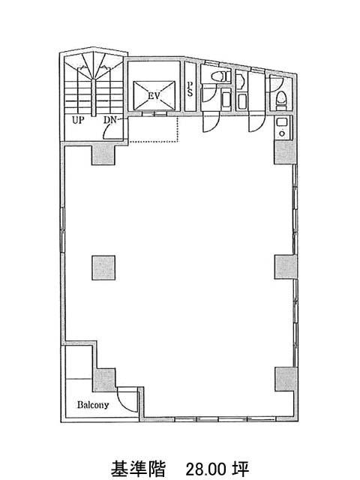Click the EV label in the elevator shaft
(x=154, y=96)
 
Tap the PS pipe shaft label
(x=190, y=88)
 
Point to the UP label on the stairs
(x=78, y=120)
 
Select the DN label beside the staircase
(x=110, y=120)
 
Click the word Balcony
(x=93, y=405)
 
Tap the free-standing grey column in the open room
(x=103, y=268)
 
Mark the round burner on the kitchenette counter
(x=281, y=133)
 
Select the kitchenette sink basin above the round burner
(x=281, y=122)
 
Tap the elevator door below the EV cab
(x=154, y=113)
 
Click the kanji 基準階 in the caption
(x=138, y=469)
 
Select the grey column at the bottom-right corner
(x=286, y=379)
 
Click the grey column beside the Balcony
(x=104, y=379)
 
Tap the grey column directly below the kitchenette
(x=285, y=152)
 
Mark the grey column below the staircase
(x=103, y=154)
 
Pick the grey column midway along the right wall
(x=286, y=267)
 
